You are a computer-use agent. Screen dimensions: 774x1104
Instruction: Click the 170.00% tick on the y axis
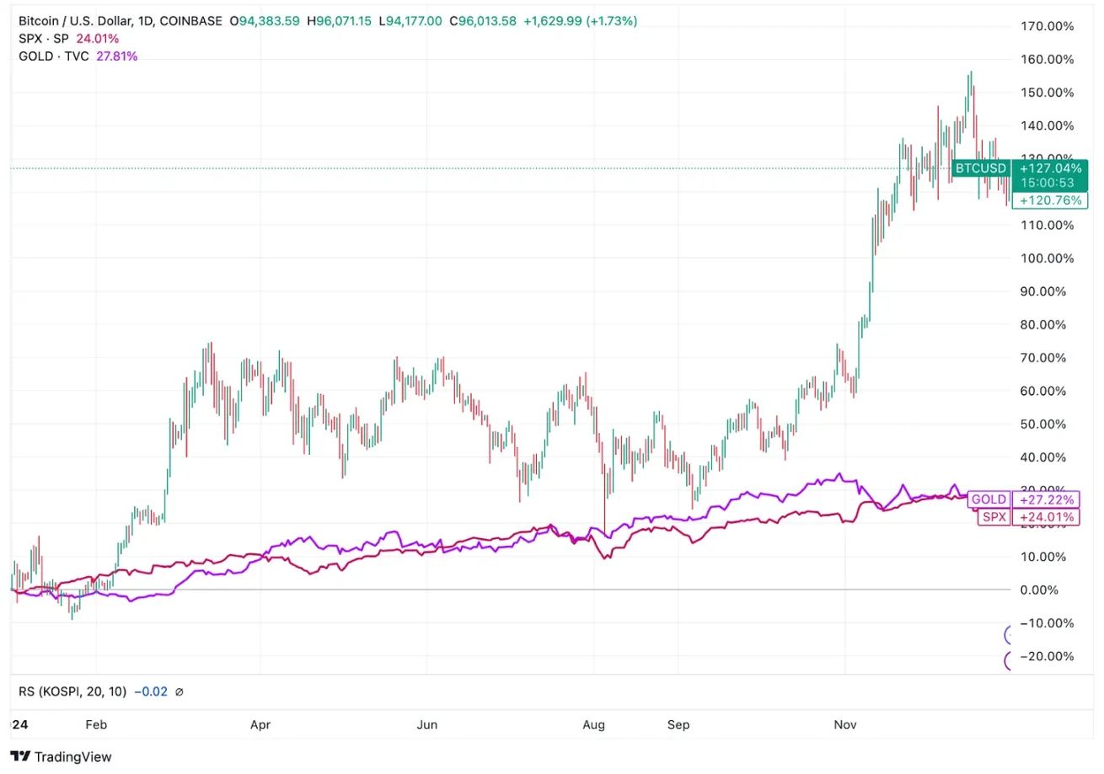click(x=1047, y=26)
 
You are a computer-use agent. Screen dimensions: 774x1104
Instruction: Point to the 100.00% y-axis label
click(x=1047, y=259)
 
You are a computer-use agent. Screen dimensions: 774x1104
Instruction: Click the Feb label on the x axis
click(x=97, y=724)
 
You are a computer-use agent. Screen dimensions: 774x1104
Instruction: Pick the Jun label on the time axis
click(x=428, y=724)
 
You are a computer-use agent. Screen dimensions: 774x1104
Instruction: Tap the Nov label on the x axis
click(x=844, y=724)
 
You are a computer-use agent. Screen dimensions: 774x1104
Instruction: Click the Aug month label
click(x=594, y=724)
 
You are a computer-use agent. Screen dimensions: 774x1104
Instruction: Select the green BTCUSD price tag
click(x=981, y=168)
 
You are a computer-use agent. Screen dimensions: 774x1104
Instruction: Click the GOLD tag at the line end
click(x=989, y=499)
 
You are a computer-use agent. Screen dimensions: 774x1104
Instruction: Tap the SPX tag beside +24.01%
click(x=994, y=517)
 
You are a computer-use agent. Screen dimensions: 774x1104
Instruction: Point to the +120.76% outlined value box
click(x=1050, y=200)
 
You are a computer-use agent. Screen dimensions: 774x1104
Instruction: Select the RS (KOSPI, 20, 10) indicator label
click(x=72, y=691)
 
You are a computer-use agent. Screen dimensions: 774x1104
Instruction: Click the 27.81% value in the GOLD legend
click(x=117, y=56)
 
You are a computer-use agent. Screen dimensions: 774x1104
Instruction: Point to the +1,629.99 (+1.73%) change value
click(x=580, y=21)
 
